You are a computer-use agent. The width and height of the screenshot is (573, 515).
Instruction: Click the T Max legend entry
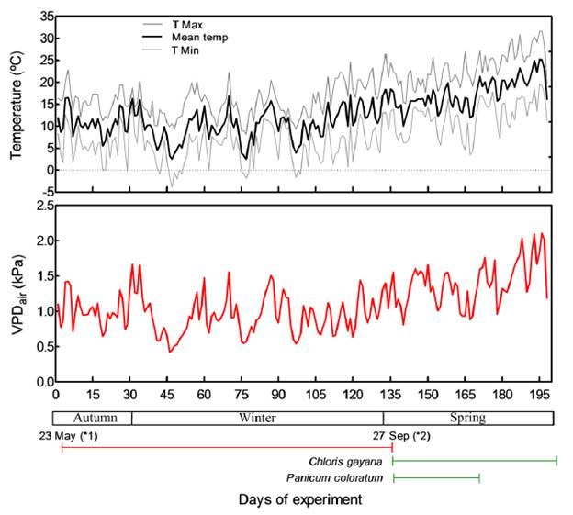coord(188,21)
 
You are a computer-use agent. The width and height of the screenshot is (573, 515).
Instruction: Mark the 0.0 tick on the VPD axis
coord(39,381)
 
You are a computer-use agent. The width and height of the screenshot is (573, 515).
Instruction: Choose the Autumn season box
coord(94,418)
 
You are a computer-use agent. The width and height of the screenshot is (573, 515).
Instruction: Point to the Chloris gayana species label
coord(351,461)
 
